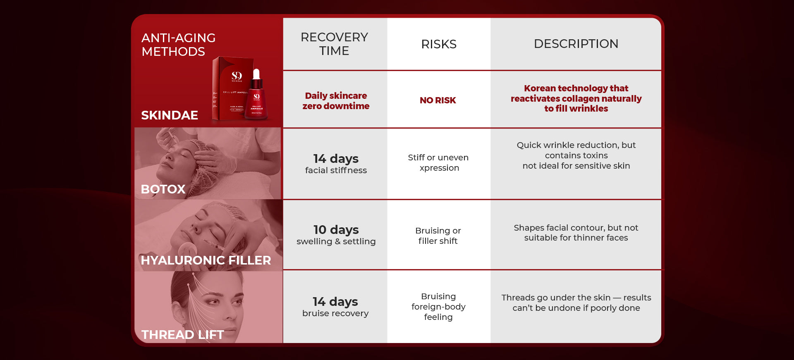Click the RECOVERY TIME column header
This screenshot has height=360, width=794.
(334, 44)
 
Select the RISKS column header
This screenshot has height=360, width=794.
(439, 44)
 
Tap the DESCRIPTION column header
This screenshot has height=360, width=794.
(576, 44)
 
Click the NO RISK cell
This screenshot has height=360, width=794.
(438, 100)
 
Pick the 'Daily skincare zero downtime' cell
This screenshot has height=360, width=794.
(336, 101)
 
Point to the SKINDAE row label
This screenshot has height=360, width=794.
(170, 115)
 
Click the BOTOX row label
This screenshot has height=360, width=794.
(163, 189)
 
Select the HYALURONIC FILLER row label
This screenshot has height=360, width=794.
(206, 260)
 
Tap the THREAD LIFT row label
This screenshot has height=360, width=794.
(182, 335)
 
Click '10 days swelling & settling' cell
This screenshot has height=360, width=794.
(336, 235)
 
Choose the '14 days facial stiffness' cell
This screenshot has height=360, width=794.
(336, 164)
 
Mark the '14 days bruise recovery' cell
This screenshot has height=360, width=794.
(335, 307)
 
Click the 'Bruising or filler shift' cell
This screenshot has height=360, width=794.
(438, 236)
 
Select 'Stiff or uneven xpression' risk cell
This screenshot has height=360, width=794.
(438, 163)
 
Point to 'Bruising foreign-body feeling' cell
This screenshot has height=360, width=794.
(438, 307)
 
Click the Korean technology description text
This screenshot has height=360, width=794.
(576, 98)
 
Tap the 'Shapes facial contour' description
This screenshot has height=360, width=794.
(576, 233)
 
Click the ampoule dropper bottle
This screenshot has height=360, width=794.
(256, 95)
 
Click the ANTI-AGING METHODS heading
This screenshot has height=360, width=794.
(179, 45)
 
